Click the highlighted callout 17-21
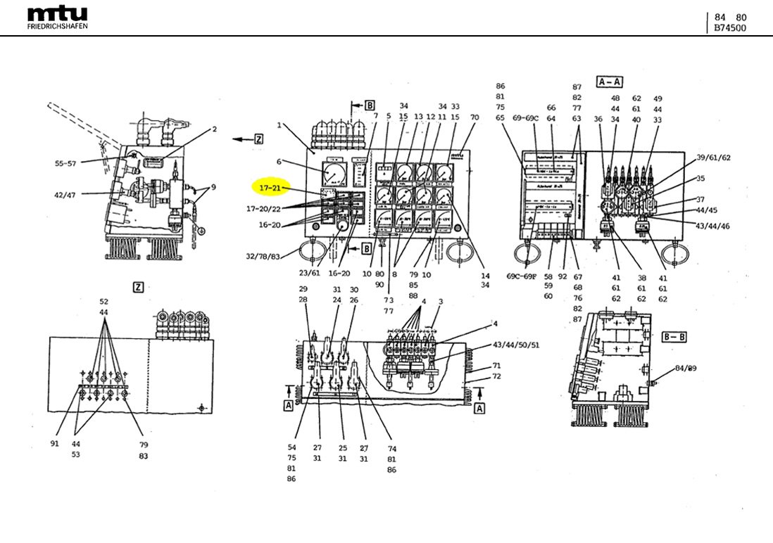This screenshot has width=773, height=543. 270,189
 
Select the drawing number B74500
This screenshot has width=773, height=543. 730,28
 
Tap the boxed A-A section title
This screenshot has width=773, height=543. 609,82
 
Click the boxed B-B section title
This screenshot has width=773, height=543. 674,337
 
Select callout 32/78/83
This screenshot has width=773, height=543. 262,257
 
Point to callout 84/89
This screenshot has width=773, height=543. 684,368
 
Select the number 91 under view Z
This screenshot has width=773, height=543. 55,444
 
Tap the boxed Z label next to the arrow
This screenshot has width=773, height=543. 258,139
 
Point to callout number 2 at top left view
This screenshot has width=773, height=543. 214,129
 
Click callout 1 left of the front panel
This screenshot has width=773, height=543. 279,125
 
